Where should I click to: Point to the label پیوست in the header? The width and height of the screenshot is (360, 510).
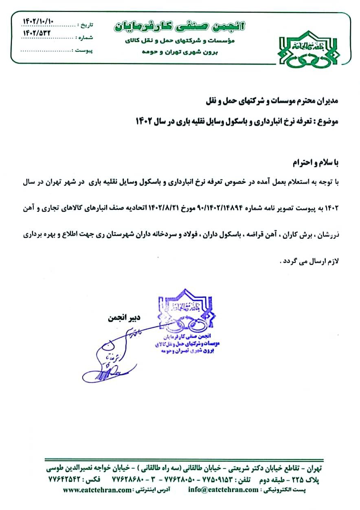coord(85,51)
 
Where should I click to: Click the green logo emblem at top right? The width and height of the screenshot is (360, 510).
coord(309,51)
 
